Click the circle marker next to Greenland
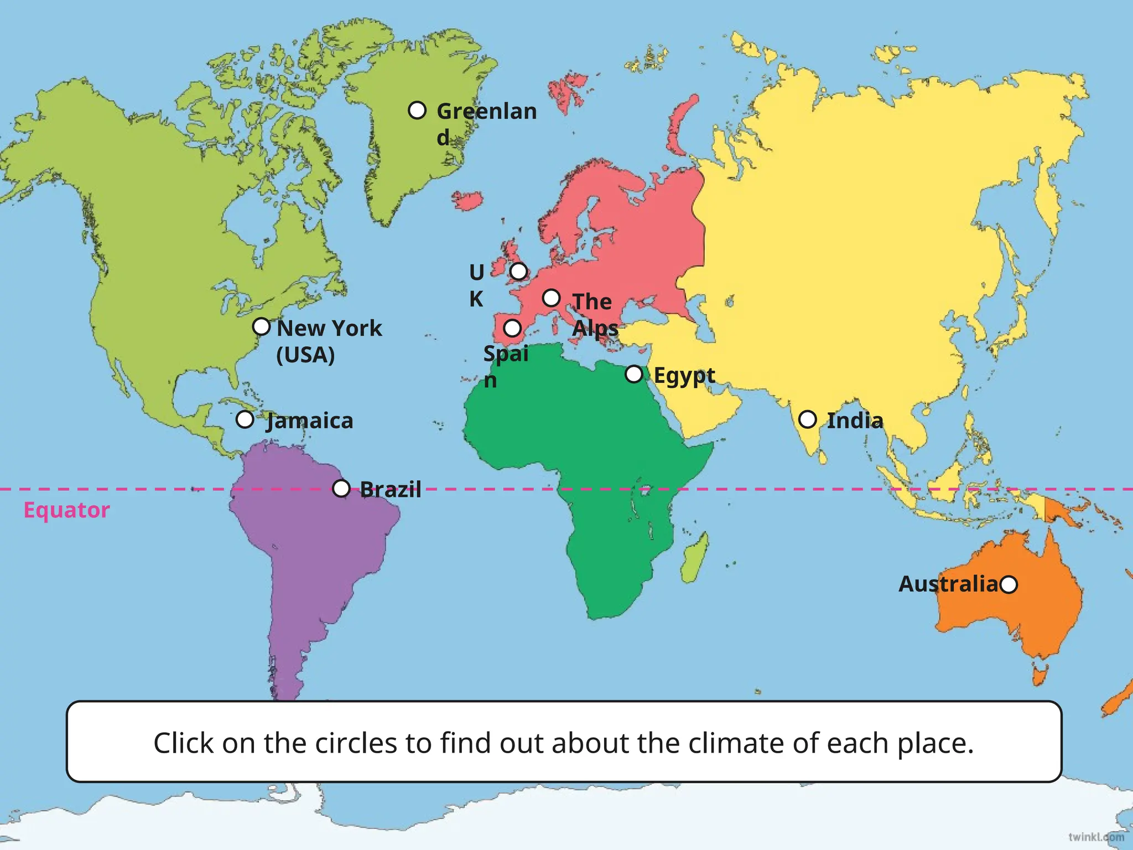pos(417,111)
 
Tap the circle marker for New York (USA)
pos(261,326)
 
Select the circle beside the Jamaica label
pos(245,419)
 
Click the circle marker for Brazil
pos(341,489)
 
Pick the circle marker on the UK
pos(518,271)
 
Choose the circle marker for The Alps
pos(551,298)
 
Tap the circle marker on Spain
pos(512,328)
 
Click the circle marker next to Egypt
pos(634,374)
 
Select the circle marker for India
pos(808,419)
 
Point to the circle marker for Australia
pos(1009,584)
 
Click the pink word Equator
pos(66,510)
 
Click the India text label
pos(855,421)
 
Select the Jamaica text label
pos(310,421)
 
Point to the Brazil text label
pos(391,490)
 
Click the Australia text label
pos(948,584)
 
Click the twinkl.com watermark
pos(1096,837)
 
